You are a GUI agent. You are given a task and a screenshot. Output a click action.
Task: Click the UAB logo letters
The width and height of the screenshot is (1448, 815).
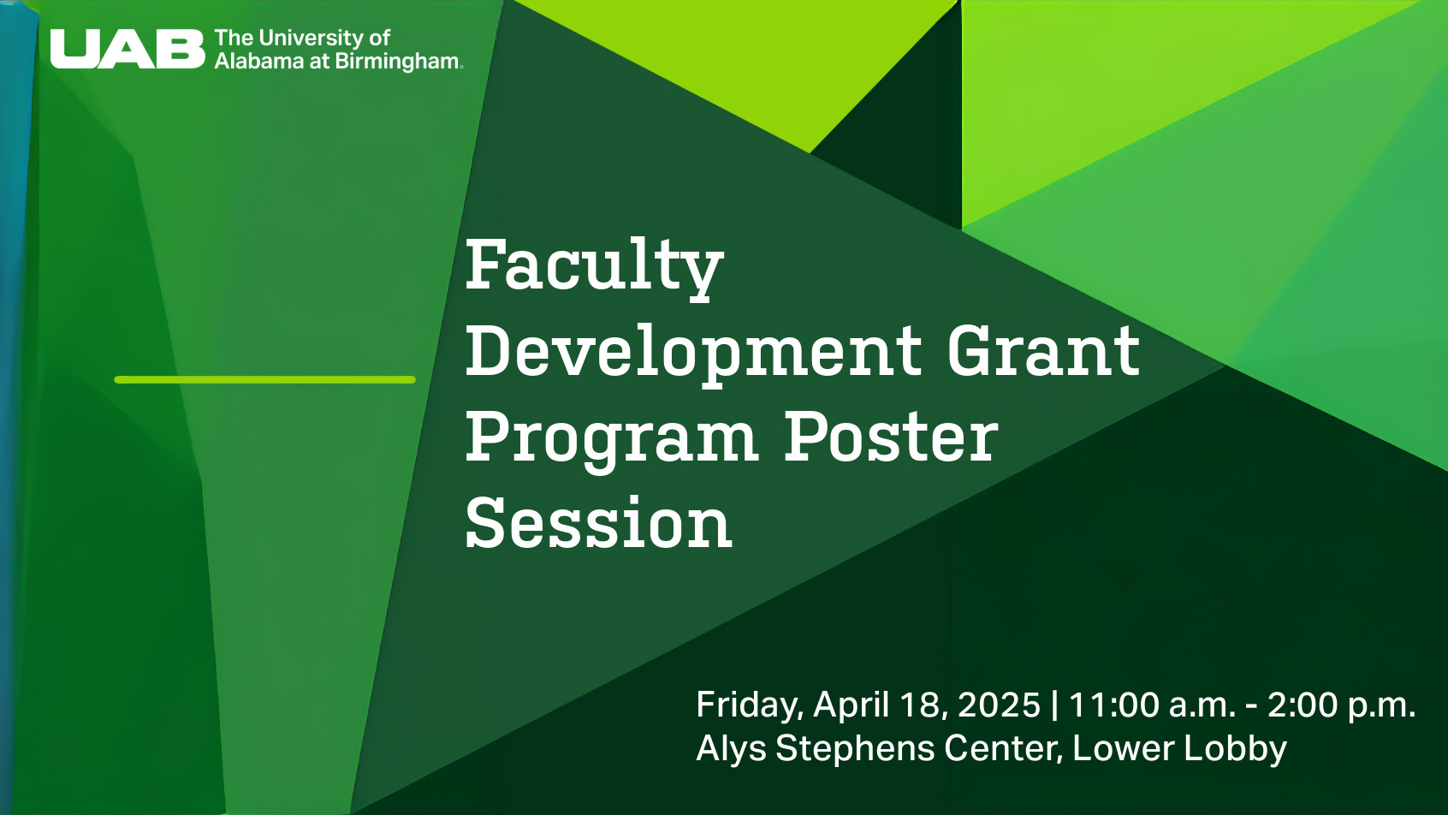[128, 49]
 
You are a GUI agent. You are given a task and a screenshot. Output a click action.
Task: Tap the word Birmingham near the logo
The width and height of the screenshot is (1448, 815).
[398, 62]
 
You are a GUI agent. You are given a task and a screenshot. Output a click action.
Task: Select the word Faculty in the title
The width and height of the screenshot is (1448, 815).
[594, 266]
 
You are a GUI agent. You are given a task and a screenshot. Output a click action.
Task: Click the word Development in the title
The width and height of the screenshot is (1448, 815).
[693, 353]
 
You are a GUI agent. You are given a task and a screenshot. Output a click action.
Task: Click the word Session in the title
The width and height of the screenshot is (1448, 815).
[598, 522]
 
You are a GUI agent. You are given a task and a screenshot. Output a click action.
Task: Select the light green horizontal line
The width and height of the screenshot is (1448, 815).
[265, 380]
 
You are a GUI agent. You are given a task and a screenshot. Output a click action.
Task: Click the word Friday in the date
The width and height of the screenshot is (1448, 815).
[750, 705]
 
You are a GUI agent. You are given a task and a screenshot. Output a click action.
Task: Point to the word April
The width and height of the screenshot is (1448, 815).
[851, 705]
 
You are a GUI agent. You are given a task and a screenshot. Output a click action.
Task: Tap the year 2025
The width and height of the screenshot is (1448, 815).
[999, 705]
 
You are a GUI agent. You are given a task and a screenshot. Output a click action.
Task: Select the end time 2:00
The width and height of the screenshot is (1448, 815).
[1303, 705]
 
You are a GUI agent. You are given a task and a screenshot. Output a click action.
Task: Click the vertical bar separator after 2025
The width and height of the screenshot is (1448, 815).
[1055, 705]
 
